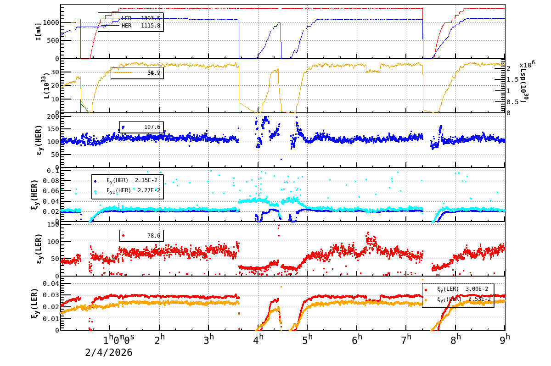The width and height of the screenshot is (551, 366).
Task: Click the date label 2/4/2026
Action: click(x=109, y=353)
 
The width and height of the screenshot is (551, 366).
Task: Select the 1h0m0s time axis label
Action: click(x=119, y=339)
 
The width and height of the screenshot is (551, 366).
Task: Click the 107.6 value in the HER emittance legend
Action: click(x=152, y=127)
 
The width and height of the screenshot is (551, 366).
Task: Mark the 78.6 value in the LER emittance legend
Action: click(x=153, y=236)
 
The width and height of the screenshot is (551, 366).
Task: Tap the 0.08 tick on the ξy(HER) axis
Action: click(x=51, y=181)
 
